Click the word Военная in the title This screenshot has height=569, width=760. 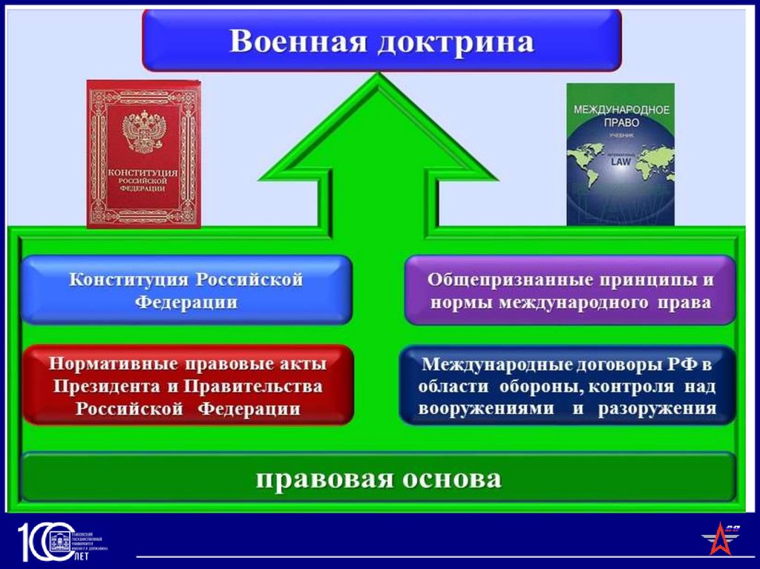pos(295,42)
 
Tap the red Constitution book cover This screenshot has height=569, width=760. pos(143,154)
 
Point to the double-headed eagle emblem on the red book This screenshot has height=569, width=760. pos(142,132)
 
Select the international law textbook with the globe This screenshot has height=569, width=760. pos(620,154)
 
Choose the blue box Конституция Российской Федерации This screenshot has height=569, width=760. pos(186,290)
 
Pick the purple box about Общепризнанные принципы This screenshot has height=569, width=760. pos(570,290)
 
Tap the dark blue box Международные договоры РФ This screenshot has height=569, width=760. pos(567,385)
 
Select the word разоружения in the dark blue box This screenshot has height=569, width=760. pos(657,409)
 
